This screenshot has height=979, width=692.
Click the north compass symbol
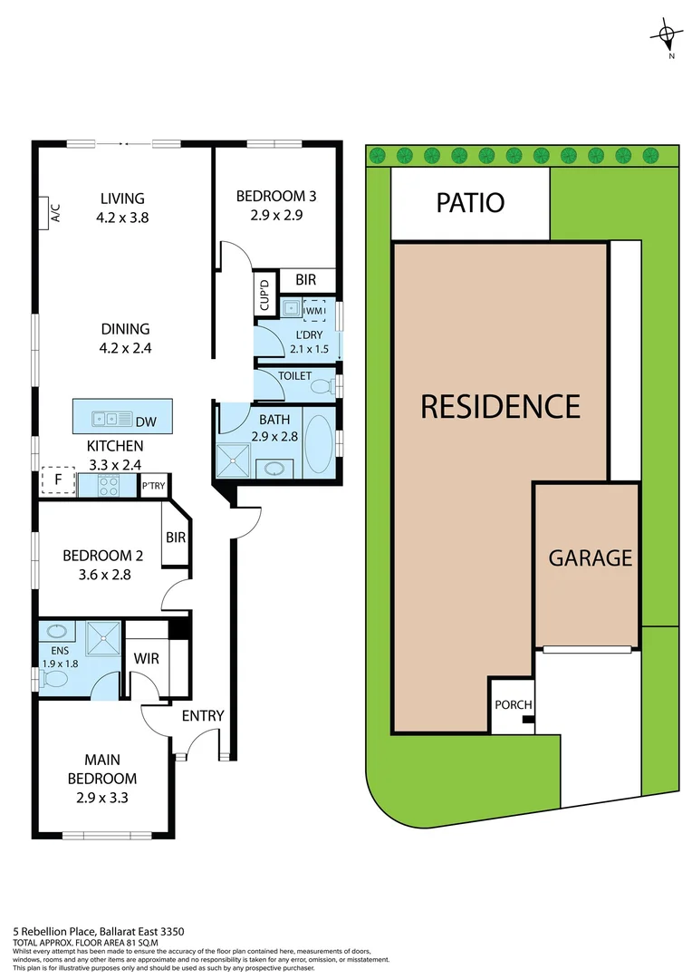point(667,36)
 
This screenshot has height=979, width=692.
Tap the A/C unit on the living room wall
point(54,213)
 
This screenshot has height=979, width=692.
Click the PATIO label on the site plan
point(470,202)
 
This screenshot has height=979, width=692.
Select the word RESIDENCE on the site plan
point(500,405)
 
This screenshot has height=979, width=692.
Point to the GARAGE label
point(590,557)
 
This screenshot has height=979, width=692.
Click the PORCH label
point(513,705)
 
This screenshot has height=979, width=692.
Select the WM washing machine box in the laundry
point(314,310)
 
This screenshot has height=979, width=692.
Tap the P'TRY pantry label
point(153,487)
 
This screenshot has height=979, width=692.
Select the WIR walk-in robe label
point(147,658)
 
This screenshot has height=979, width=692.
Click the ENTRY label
point(203,715)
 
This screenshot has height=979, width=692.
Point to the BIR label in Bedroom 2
point(175,538)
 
